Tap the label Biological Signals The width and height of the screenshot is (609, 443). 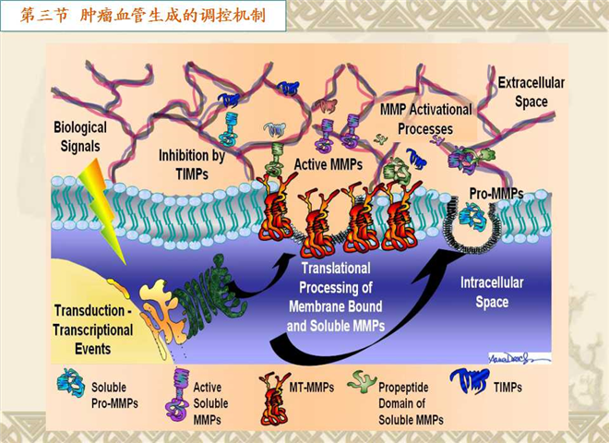point(80,137)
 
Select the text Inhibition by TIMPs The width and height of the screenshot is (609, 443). point(192,164)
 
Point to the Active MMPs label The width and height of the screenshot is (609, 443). point(328,164)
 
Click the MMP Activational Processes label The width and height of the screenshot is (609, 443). point(425,119)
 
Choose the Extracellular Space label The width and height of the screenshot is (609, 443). point(531,92)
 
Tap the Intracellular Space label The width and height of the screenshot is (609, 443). point(492,293)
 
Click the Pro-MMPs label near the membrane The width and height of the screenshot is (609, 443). point(496,193)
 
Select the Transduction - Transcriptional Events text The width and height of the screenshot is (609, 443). point(93,329)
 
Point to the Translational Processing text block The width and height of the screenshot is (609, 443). point(336,297)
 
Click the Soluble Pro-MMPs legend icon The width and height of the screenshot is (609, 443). point(71,382)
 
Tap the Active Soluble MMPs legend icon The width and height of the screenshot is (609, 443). point(179,395)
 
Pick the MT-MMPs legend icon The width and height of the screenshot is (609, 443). point(273,399)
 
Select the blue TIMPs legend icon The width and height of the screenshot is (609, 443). point(469,381)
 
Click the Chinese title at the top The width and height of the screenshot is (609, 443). point(143,16)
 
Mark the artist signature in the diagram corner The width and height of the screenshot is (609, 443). point(519,359)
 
